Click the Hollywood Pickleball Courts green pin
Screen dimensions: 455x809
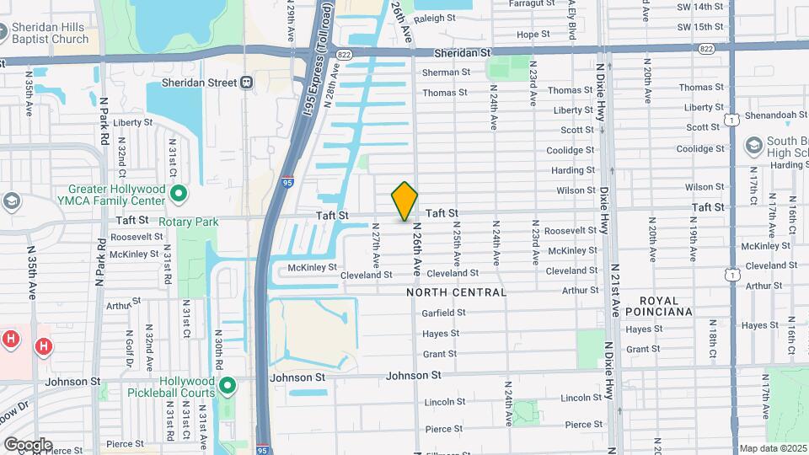(x=227, y=386)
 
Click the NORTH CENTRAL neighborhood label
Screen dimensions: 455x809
(x=456, y=292)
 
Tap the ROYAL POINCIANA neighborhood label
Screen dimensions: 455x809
(x=665, y=306)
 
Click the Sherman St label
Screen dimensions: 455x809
(x=446, y=72)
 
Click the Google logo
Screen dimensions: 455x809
(x=28, y=444)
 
